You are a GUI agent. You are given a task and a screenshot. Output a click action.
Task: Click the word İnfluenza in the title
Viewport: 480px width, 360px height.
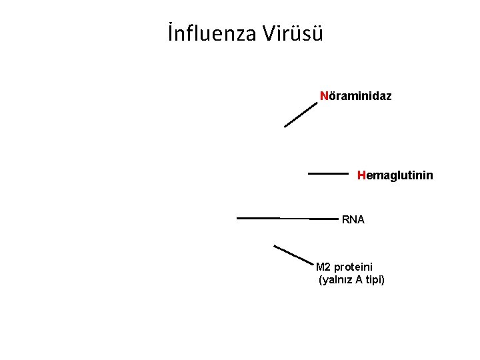[213, 33]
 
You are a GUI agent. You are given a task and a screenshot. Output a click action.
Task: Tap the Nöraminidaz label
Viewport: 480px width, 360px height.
[356, 96]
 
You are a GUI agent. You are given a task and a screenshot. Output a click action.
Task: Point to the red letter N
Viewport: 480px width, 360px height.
[323, 96]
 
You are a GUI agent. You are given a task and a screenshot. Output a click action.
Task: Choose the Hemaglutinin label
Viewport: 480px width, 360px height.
[395, 175]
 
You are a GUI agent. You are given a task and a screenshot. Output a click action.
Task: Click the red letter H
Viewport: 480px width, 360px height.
[361, 175]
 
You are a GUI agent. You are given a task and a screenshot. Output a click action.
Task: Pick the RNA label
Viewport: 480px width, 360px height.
[353, 219]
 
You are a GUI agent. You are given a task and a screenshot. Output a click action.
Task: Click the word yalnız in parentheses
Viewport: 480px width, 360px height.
[337, 279]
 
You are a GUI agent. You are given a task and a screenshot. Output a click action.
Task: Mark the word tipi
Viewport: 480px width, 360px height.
[375, 279]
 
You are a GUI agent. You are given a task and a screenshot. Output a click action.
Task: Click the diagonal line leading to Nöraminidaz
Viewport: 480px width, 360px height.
[301, 114]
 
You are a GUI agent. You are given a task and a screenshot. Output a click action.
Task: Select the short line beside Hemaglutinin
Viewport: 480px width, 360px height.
[328, 173]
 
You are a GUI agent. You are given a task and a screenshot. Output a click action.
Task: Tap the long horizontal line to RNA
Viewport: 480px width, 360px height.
[287, 218]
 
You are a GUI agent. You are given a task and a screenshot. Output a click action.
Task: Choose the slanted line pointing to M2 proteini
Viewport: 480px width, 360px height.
[293, 254]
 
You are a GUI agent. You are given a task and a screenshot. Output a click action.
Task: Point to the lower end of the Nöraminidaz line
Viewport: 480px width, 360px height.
[286, 126]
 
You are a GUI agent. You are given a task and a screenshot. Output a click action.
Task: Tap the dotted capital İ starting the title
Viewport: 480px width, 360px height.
[171, 32]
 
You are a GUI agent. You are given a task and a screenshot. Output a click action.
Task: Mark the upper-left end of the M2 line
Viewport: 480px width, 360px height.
[275, 246]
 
